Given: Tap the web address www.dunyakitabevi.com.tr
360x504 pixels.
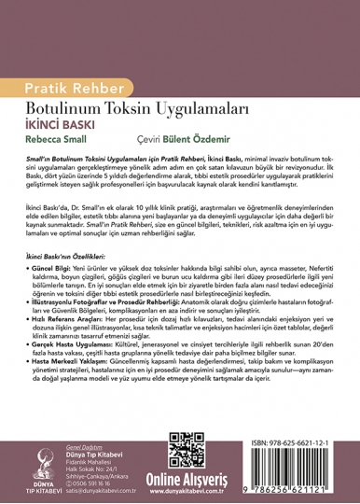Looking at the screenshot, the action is point(233,487).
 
